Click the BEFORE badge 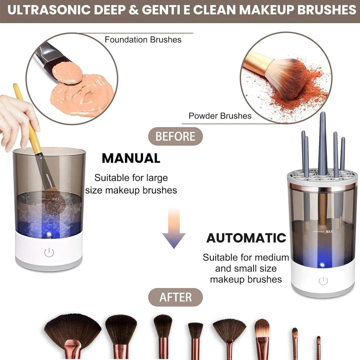click(175, 136)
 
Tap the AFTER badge click(175, 297)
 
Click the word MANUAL click(131, 158)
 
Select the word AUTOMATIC click(246, 238)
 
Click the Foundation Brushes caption click(143, 40)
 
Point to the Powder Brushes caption click(220, 116)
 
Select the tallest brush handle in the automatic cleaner click(322, 144)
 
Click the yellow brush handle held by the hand click(27, 119)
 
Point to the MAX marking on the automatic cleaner click(329, 231)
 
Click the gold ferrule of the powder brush click(258, 63)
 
